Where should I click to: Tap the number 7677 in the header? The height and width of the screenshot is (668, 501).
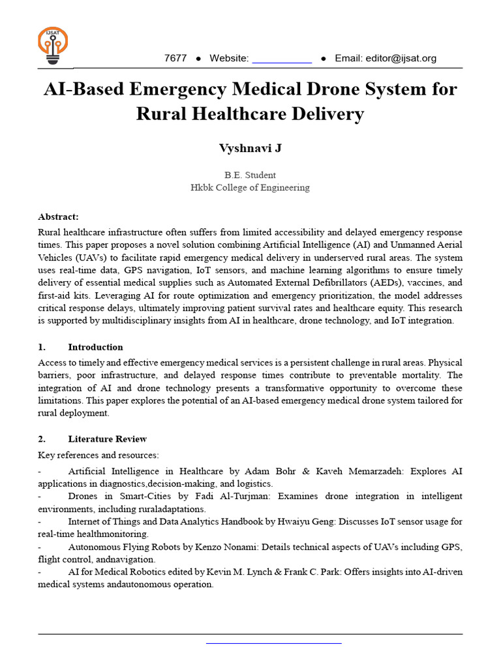point(175,58)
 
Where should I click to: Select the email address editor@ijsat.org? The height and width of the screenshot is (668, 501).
point(386,58)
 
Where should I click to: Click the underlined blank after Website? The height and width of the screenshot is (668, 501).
point(282,59)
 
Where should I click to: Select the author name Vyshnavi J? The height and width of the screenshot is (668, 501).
point(250,148)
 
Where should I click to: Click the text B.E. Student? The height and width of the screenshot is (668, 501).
point(250,175)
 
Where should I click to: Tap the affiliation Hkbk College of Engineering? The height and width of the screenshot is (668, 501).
point(250,187)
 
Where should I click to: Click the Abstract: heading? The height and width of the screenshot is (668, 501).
point(58,217)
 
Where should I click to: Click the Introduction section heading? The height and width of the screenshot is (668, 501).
point(95,347)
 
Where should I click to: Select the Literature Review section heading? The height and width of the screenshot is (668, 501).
point(107,439)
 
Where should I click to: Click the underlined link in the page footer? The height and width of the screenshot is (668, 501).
point(274,643)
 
